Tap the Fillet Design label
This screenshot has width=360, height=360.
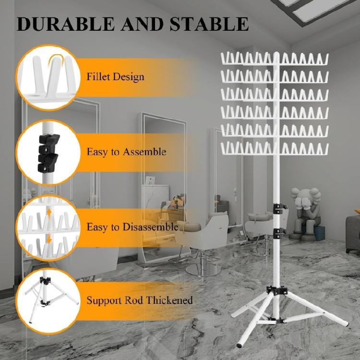(x=115, y=76)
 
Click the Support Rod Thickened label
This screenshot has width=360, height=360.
(x=139, y=300)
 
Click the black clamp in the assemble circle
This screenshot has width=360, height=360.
(x=47, y=152)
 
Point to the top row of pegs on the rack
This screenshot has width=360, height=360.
(x=275, y=59)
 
